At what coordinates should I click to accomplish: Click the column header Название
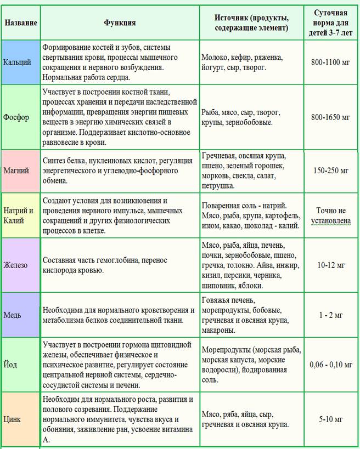[21, 22]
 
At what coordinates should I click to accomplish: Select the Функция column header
[120, 22]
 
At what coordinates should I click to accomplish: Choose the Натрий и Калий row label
[20, 215]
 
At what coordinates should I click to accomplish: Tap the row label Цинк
[13, 419]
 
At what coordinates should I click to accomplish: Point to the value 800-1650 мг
[330, 117]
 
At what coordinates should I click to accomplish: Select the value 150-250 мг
[330, 170]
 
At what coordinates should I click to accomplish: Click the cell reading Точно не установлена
[330, 215]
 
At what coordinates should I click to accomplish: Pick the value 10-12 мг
[330, 265]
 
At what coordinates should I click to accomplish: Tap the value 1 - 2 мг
[330, 315]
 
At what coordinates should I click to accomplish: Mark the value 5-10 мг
[330, 419]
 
